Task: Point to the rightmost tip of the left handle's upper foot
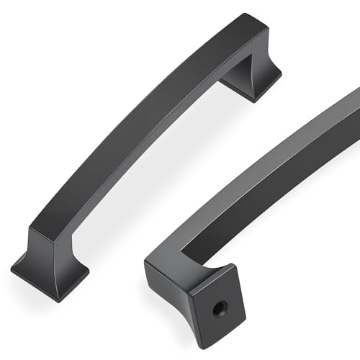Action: (x=280, y=72)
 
